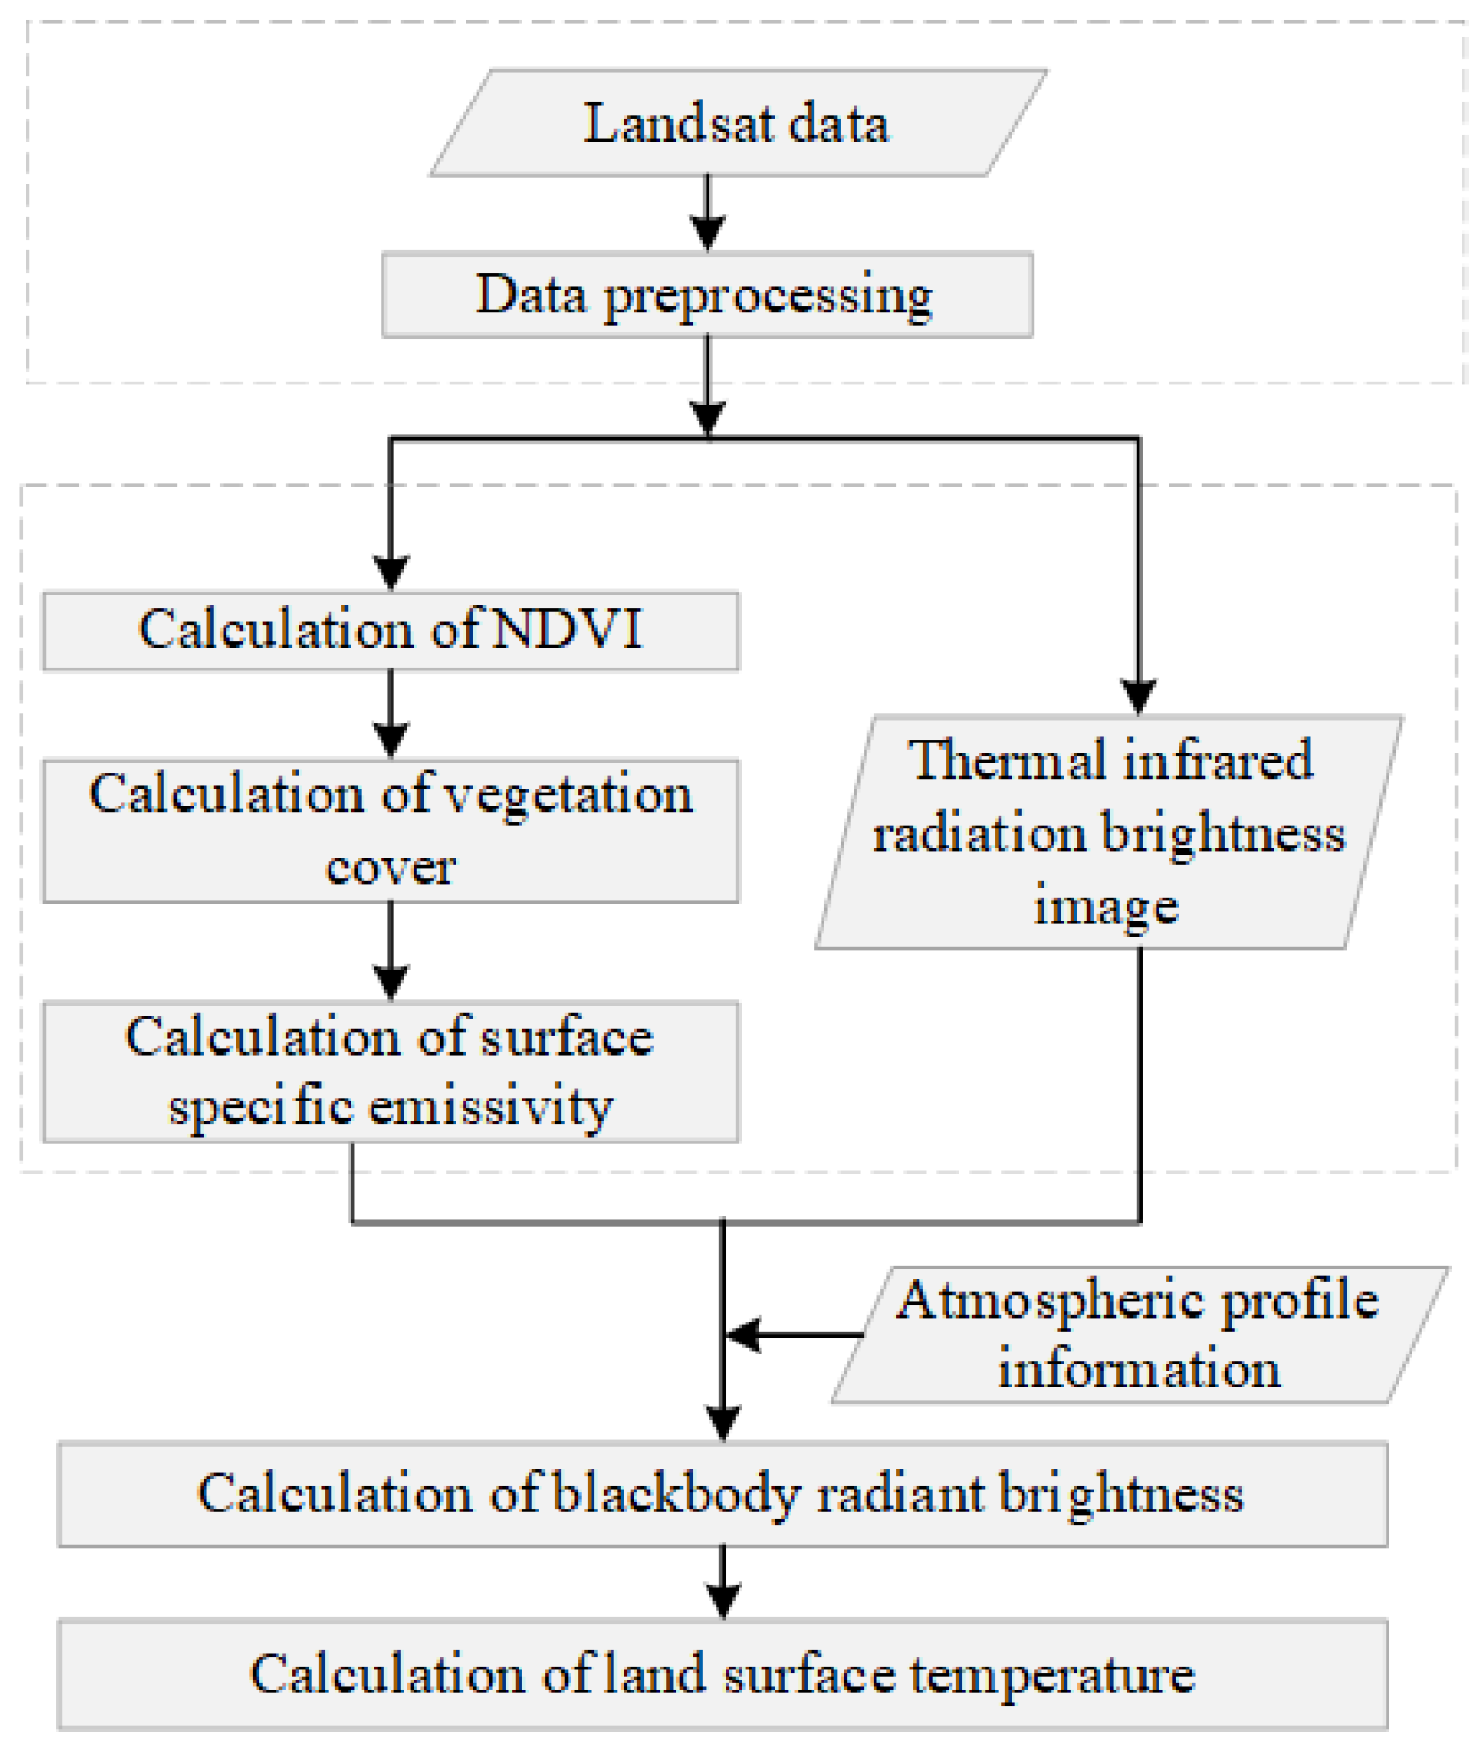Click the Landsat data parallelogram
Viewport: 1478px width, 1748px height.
point(738,123)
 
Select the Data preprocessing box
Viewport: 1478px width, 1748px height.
point(707,295)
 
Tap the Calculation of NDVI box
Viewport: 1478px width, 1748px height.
point(391,631)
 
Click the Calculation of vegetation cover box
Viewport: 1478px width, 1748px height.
point(391,830)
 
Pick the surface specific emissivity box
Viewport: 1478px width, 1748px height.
point(391,1071)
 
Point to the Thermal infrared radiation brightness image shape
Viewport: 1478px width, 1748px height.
point(1108,832)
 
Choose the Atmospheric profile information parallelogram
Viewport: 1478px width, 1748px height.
point(1138,1334)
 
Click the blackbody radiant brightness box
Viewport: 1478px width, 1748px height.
point(722,1495)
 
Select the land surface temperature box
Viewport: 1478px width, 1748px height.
point(722,1674)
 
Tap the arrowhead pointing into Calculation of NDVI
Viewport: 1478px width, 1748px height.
point(391,571)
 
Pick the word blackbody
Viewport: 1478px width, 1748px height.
point(676,1495)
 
